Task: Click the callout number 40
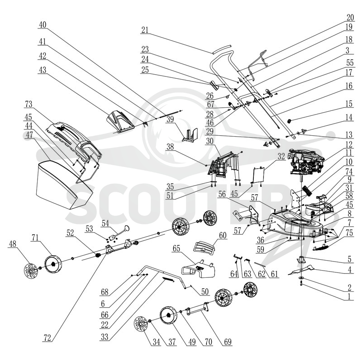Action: [43, 25]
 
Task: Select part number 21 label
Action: [145, 30]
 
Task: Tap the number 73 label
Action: [29, 104]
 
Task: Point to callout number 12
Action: [349, 144]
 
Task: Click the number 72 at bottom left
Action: [47, 338]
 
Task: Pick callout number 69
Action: [228, 342]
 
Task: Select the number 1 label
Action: [349, 296]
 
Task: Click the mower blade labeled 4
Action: [301, 270]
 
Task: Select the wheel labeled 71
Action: [52, 264]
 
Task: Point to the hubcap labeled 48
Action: [30, 271]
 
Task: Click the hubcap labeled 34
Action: [141, 324]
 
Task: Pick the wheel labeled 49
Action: [168, 315]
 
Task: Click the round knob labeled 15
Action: [289, 121]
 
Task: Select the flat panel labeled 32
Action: [258, 174]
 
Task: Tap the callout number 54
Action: [105, 223]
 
